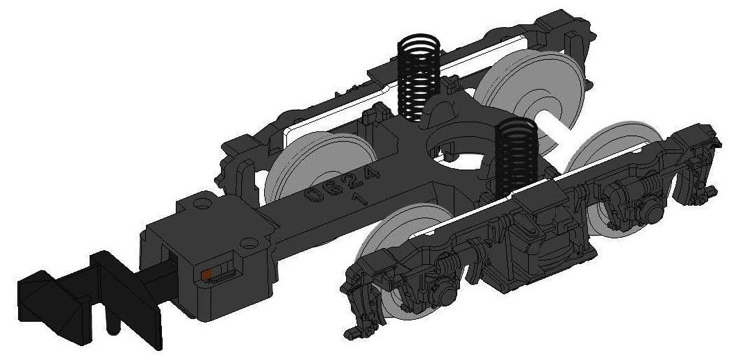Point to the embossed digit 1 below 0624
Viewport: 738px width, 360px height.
point(362,198)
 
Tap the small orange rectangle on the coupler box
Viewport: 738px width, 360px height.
point(206,275)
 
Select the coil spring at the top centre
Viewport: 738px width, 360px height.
point(419,77)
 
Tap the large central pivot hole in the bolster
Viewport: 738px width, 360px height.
point(455,151)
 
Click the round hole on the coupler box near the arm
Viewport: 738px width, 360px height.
point(249,243)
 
